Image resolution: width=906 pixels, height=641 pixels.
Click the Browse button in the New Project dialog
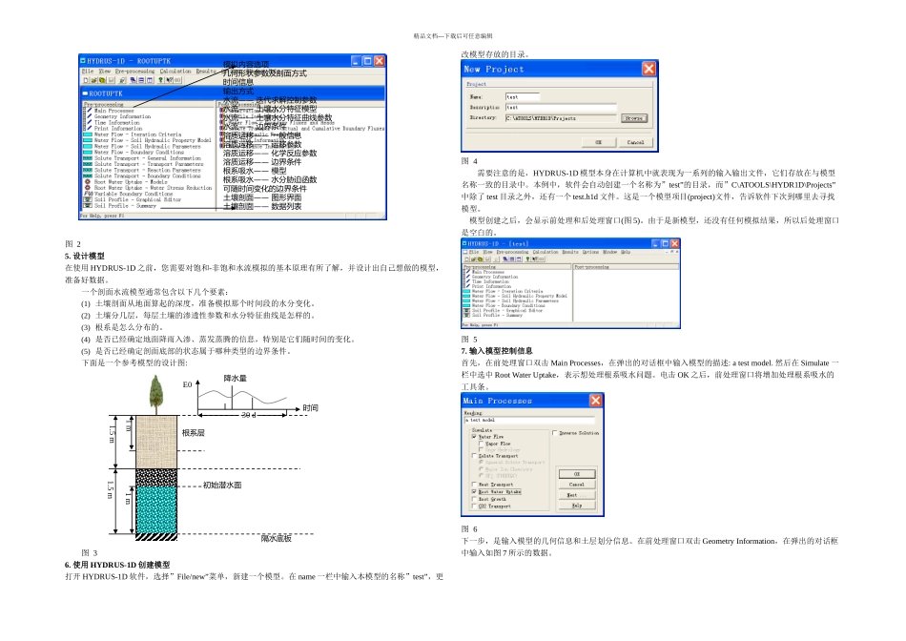632,118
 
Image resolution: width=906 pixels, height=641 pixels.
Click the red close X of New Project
649,69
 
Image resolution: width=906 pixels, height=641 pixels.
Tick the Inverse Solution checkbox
555,433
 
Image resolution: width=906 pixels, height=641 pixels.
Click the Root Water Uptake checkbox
475,491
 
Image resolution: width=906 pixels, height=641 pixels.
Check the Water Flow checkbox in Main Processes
475,436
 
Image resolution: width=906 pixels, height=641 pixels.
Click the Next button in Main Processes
576,495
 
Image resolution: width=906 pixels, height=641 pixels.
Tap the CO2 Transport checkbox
475,507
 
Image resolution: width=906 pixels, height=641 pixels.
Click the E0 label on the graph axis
187,384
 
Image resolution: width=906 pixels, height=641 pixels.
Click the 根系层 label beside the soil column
194,432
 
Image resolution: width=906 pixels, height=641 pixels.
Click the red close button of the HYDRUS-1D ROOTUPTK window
380,60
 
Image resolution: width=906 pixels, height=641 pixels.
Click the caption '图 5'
469,339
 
